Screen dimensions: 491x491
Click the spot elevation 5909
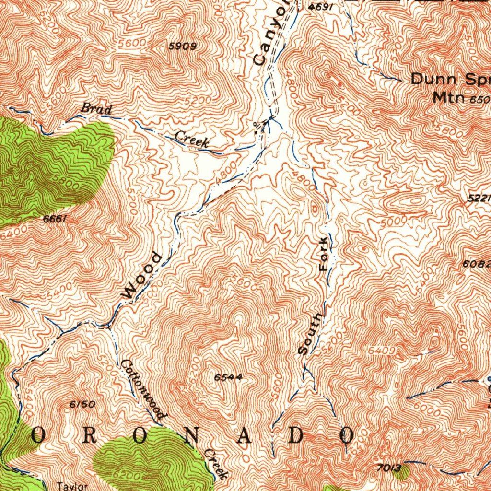coord(183,46)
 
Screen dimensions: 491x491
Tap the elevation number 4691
coord(321,7)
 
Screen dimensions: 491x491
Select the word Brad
coord(96,109)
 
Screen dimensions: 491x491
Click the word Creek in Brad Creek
coord(192,139)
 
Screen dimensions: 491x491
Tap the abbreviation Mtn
coord(449,98)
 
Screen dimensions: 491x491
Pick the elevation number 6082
coord(477,263)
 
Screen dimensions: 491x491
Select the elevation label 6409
coord(382,351)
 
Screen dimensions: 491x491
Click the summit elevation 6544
coord(228,377)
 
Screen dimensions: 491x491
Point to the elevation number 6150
coord(82,404)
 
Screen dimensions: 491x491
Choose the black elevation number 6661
coord(54,219)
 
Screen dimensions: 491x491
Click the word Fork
coord(325,254)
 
